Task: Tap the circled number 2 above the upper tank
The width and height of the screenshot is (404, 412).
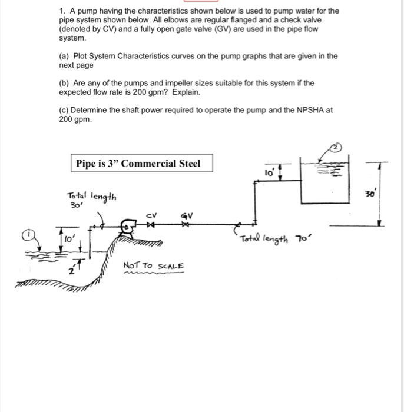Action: click(x=334, y=148)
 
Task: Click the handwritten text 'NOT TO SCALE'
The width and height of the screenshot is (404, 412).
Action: click(x=154, y=266)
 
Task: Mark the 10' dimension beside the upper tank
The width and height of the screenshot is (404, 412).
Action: click(x=269, y=172)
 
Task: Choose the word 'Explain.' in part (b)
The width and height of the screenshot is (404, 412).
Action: click(x=186, y=93)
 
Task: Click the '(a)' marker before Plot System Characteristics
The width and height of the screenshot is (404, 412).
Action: click(x=64, y=57)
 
